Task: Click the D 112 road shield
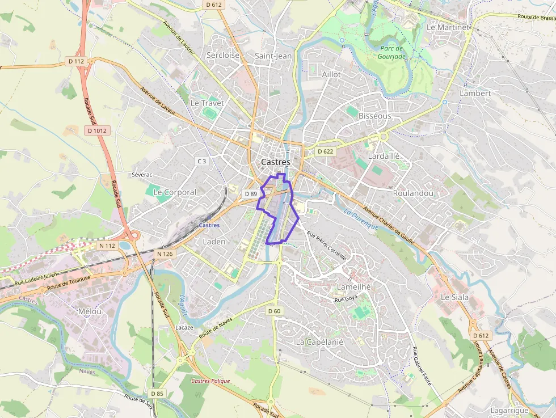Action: click(76, 61)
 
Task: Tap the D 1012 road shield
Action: click(97, 130)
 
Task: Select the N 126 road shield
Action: click(163, 254)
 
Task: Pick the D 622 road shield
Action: click(326, 151)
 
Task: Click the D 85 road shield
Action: click(157, 393)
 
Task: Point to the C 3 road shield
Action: click(201, 161)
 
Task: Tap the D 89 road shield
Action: click(251, 194)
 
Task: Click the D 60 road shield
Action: click(273, 311)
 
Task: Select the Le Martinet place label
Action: click(448, 27)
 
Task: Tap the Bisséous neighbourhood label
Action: click(375, 116)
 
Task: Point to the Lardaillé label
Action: click(384, 156)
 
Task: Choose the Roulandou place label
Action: click(413, 193)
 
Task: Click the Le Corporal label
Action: click(175, 192)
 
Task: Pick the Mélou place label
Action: click(90, 311)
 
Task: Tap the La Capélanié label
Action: click(320, 342)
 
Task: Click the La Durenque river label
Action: click(361, 219)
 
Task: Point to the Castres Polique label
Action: click(210, 381)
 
